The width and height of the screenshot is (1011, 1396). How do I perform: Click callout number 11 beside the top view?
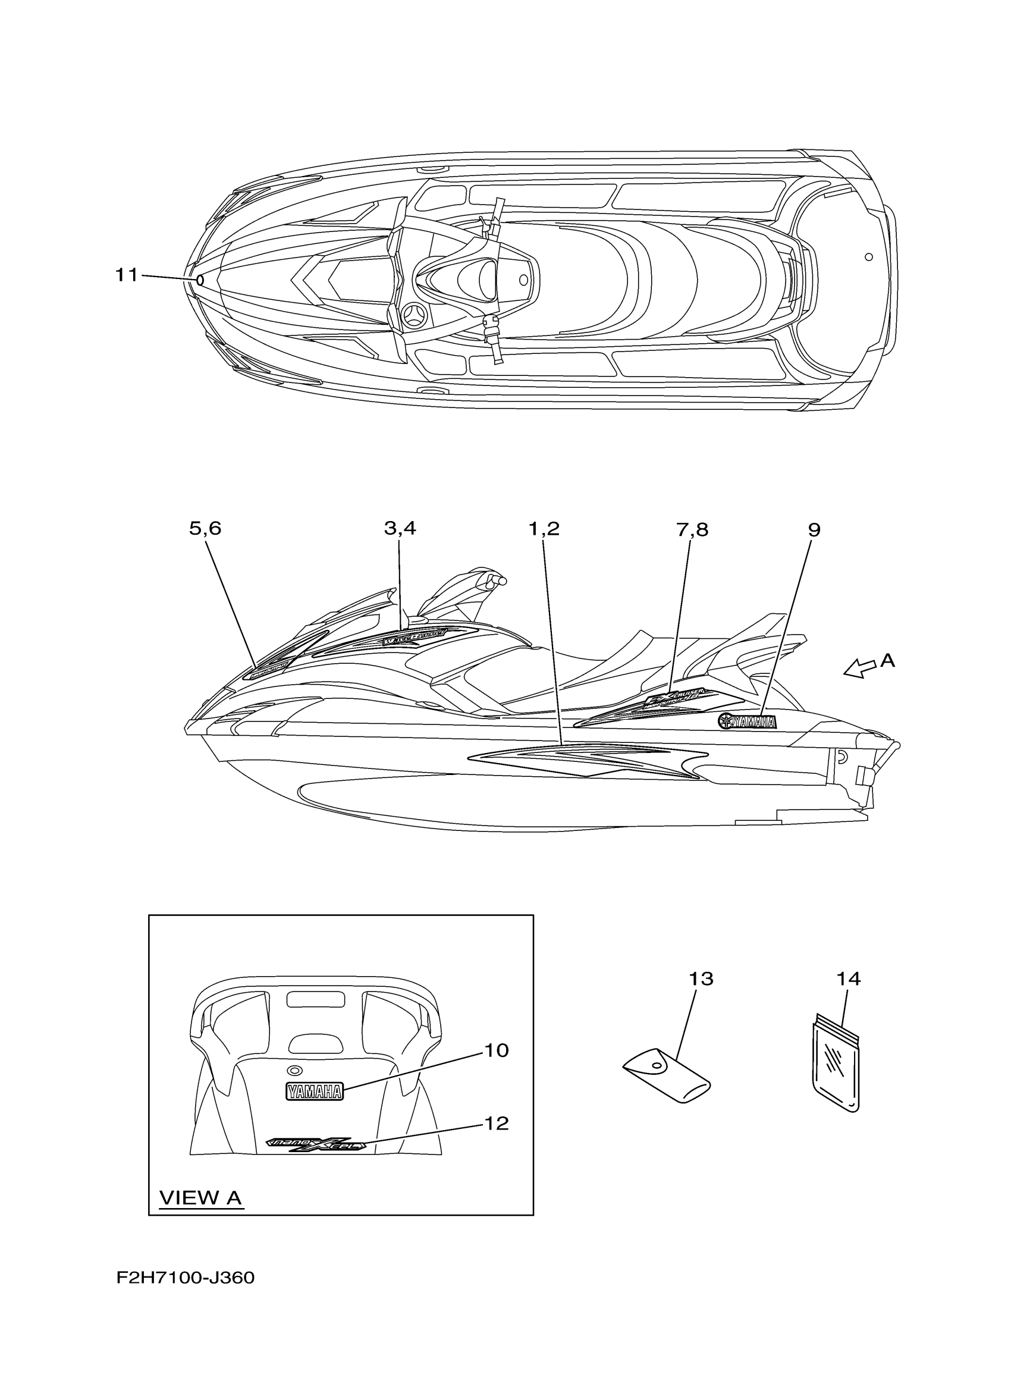click(127, 275)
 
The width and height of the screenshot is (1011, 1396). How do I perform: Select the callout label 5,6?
click(205, 529)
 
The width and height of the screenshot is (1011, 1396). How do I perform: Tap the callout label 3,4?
click(400, 529)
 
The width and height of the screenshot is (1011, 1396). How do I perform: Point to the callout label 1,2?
click(544, 529)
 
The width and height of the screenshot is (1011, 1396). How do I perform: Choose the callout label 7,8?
click(692, 529)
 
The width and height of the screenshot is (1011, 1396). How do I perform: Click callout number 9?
click(814, 530)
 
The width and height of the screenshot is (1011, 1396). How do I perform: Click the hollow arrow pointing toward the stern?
click(861, 668)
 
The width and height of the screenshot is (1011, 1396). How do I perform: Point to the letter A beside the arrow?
click(887, 660)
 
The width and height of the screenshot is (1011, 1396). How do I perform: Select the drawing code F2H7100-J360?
click(185, 1295)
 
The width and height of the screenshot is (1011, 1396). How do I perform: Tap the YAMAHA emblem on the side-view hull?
click(748, 722)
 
